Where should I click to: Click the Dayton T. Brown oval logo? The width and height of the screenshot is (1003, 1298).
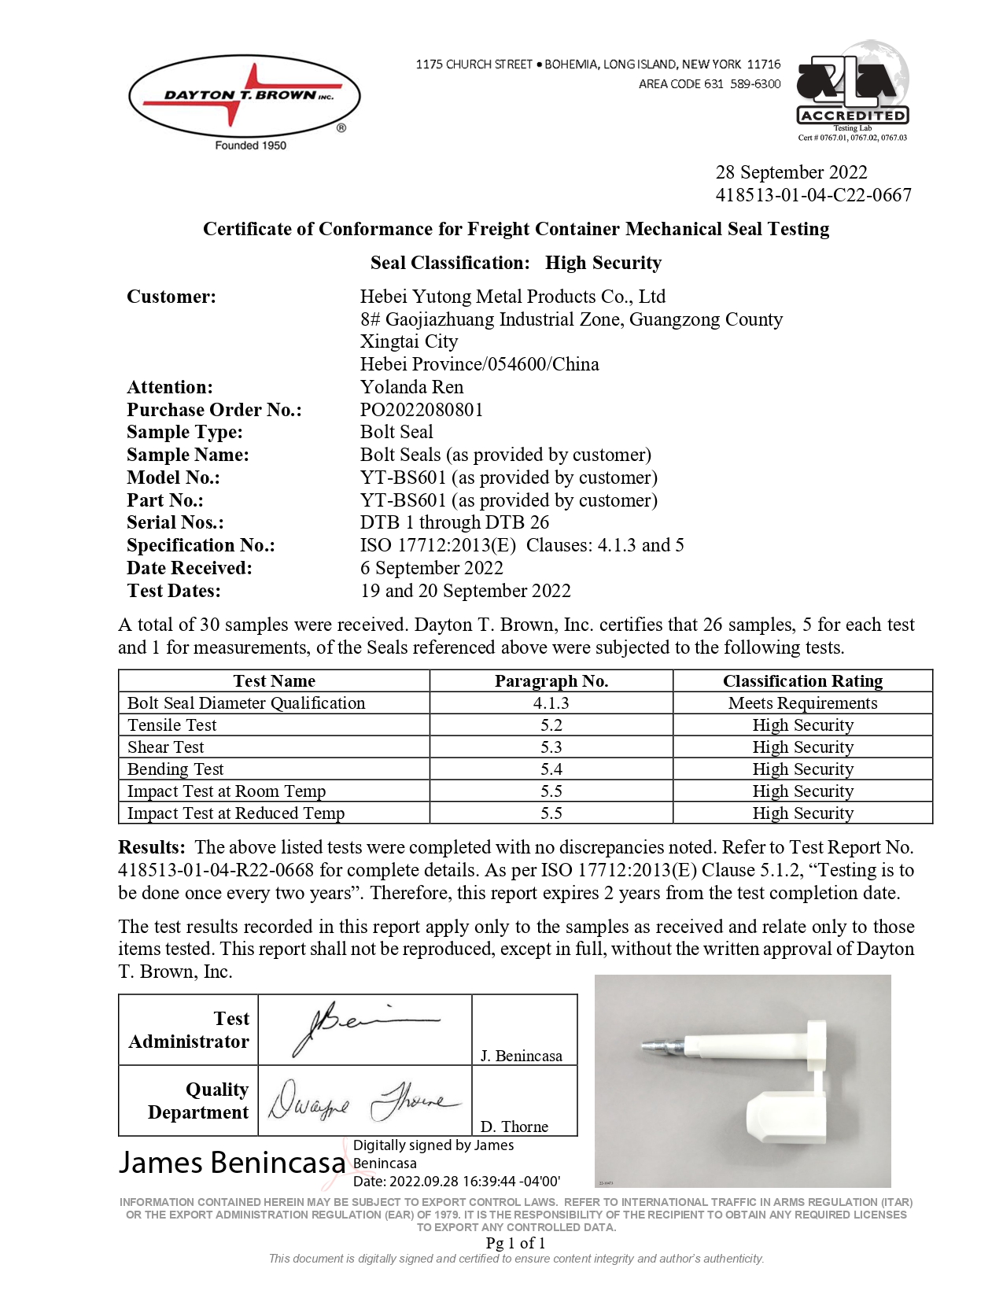244,97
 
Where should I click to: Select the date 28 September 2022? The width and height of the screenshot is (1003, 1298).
791,172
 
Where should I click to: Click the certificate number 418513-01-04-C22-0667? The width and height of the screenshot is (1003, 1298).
813,195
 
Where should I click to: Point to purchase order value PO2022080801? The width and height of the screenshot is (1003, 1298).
422,410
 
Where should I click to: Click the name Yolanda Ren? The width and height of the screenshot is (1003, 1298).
411,387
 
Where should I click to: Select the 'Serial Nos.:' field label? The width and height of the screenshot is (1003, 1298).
175,522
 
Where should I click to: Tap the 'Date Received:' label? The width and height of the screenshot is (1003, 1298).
190,568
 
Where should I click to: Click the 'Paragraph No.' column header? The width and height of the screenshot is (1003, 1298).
551,681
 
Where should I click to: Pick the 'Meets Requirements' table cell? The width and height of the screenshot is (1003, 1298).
802,703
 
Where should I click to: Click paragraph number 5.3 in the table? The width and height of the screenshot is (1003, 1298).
551,747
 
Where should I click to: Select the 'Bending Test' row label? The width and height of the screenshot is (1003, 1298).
175,769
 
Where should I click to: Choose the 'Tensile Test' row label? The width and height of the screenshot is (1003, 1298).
171,725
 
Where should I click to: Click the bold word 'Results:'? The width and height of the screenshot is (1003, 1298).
152,847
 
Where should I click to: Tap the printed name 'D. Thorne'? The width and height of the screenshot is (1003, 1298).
514,1127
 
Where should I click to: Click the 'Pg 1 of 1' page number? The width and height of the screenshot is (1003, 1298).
515,1243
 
